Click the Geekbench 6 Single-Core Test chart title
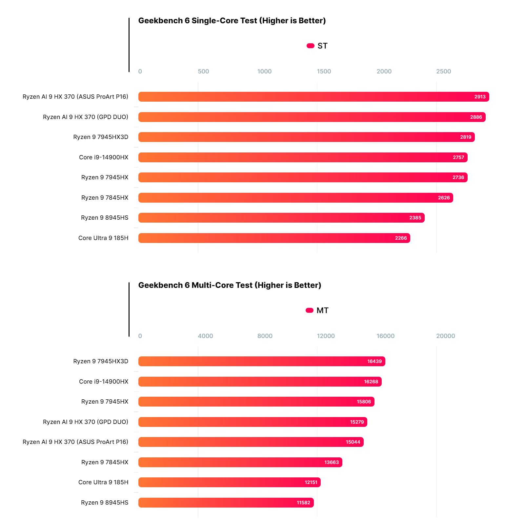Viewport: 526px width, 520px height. [x=232, y=21]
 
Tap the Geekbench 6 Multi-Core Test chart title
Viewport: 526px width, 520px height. [x=230, y=285]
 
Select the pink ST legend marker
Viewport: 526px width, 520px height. [x=310, y=46]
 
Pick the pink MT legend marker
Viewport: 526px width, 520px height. [x=309, y=310]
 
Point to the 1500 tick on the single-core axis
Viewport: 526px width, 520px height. [x=324, y=71]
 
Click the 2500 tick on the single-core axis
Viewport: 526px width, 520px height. [x=443, y=71]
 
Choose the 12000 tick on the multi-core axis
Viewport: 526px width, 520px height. [x=326, y=336]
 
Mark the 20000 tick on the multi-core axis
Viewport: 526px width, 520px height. [x=445, y=336]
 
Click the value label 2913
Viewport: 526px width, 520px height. [x=480, y=97]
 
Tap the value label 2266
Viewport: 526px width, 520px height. [x=401, y=238]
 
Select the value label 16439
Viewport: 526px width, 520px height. [x=374, y=361]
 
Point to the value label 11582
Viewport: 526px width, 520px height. [x=303, y=503]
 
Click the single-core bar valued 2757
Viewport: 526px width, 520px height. [x=295, y=157]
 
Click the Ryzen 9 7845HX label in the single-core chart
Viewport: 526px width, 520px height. [x=105, y=198]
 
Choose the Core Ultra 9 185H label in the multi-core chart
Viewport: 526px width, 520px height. [x=103, y=482]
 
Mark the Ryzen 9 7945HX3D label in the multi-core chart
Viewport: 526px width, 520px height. [x=101, y=361]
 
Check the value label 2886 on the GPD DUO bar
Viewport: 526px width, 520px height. [x=476, y=117]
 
